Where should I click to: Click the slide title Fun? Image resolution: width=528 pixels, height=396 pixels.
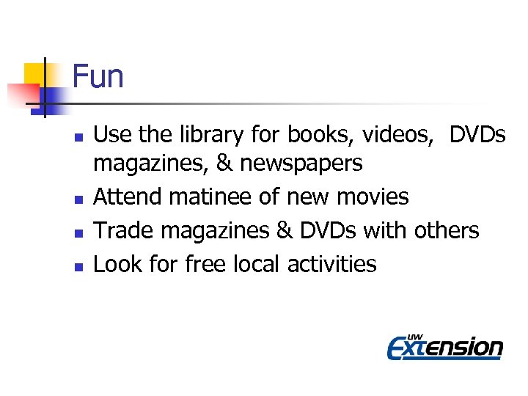(x=98, y=76)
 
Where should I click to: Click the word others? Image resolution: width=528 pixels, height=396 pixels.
(x=446, y=230)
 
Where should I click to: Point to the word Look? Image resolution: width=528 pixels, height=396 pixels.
(x=117, y=263)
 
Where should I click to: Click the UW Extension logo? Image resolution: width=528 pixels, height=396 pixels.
(x=444, y=345)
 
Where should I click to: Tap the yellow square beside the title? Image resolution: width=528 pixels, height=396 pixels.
(x=34, y=73)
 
